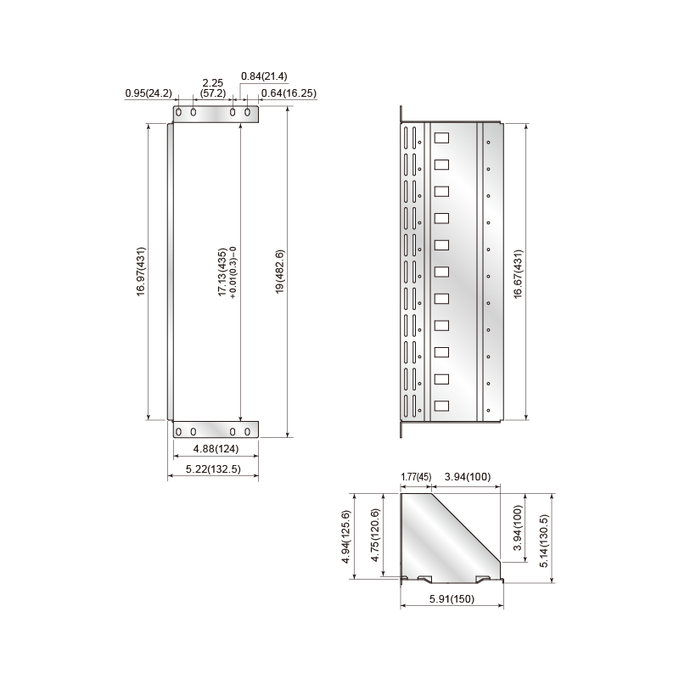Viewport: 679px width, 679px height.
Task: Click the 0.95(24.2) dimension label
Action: [148, 93]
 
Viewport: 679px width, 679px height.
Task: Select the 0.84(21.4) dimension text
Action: [264, 76]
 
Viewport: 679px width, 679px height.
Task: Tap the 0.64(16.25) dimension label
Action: [289, 93]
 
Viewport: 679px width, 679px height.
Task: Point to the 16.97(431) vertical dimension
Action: [141, 272]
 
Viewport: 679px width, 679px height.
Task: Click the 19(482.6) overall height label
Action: [280, 272]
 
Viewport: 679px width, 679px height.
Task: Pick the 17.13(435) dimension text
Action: [222, 272]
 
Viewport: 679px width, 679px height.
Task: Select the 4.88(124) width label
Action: [216, 449]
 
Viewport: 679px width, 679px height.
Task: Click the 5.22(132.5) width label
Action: [213, 469]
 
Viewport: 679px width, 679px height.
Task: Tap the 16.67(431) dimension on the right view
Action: [518, 274]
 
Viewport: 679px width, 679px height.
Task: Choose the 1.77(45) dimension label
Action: [416, 477]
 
